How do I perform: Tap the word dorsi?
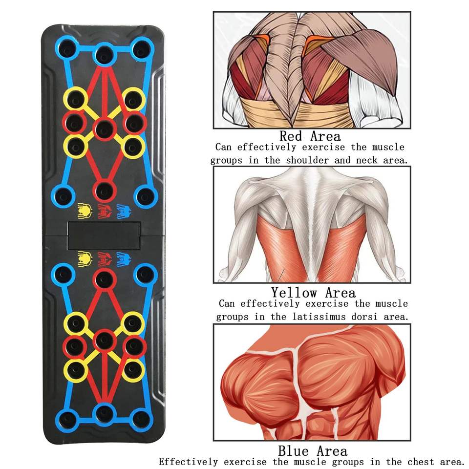coord(371,317)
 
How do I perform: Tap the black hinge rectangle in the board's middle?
coord(104,236)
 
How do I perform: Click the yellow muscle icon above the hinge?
coord(85,211)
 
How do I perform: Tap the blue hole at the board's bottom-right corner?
coord(141,419)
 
